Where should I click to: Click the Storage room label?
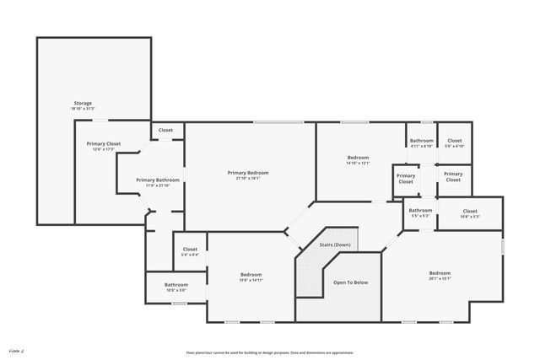tap(83, 103)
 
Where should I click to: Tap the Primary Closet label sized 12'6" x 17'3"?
tap(104, 143)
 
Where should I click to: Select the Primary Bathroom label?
tap(158, 180)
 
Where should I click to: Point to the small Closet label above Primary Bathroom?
tap(166, 130)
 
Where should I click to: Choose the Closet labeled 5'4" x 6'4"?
tap(190, 250)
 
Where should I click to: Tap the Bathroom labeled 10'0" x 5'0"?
tap(176, 285)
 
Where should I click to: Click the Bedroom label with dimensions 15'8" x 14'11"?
tap(251, 275)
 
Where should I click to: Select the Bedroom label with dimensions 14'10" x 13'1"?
tap(358, 158)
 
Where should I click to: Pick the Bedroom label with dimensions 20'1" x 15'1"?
tap(440, 273)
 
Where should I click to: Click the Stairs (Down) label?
tap(335, 244)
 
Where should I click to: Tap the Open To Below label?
tap(350, 282)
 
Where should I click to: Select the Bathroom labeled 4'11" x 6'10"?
tap(421, 140)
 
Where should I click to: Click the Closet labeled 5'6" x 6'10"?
tap(455, 140)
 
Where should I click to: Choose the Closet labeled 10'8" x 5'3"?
tap(470, 211)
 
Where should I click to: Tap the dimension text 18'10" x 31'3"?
tap(83, 108)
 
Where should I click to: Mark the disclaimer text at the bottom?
tap(269, 352)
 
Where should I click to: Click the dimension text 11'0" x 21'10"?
tap(158, 185)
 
